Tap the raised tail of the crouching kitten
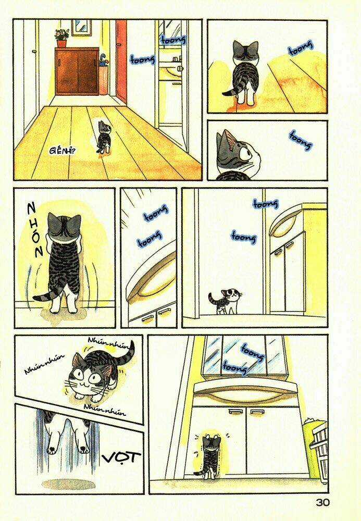[127, 351]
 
